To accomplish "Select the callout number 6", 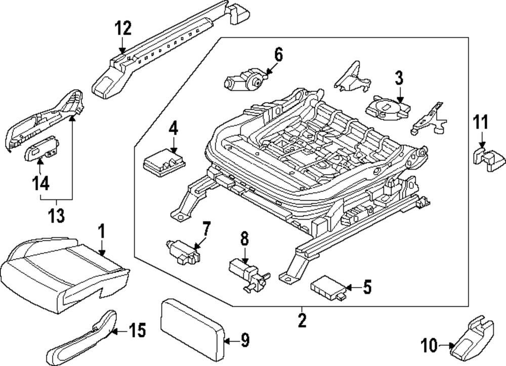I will point(278,55).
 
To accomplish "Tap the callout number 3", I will point(399,78).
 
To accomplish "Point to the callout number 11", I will point(481,122).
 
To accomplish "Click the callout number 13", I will point(57,216).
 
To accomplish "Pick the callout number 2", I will point(302,320).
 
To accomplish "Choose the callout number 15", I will point(137,332).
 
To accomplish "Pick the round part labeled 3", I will point(387,108).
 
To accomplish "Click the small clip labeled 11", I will point(489,159).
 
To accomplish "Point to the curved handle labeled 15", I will point(81,337).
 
